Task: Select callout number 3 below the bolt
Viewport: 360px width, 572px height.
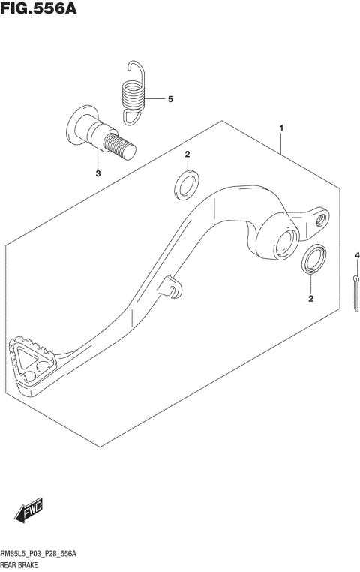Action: [x=97, y=174]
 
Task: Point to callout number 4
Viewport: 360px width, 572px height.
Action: [x=357, y=257]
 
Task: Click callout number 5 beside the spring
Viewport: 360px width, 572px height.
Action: [x=169, y=99]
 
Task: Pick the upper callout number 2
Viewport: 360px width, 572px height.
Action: [x=187, y=155]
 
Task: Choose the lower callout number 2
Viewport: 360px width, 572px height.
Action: [x=310, y=299]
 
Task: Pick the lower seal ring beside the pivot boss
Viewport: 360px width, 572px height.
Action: [x=313, y=259]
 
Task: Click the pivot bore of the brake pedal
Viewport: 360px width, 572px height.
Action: [x=286, y=242]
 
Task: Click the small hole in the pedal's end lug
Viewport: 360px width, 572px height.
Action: [x=322, y=219]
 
